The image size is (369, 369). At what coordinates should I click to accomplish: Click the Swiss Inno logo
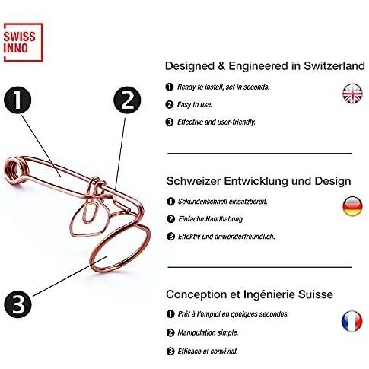coord(23,42)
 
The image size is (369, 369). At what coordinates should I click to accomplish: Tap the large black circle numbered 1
coord(17,100)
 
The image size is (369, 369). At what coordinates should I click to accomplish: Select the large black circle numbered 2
coord(127,100)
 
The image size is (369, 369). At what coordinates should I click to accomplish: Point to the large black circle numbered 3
coord(18,304)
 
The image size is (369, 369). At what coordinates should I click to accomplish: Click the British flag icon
coord(352,93)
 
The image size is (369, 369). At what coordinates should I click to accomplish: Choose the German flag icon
coord(352,206)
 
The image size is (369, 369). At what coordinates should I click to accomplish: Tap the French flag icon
coord(352,321)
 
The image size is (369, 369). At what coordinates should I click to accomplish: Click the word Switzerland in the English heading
coord(334,66)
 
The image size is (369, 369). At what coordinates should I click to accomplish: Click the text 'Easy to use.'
coord(195,105)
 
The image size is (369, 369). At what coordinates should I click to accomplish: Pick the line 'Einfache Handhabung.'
coord(211,219)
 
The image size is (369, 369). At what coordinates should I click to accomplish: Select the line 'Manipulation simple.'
coord(208,332)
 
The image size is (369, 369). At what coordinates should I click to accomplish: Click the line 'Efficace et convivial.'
coord(208,352)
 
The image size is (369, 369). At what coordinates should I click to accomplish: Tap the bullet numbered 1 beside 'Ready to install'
coord(169,87)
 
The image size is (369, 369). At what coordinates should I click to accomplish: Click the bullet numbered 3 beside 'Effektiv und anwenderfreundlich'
coord(170,237)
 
